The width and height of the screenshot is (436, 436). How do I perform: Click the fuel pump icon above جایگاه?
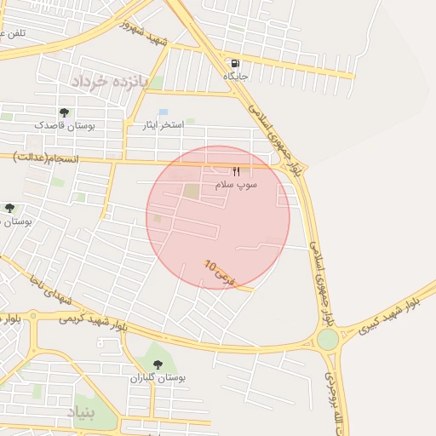pos(235,63)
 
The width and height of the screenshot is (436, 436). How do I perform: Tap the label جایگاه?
pos(235,76)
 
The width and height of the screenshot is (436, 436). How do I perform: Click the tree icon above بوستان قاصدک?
pos(65,112)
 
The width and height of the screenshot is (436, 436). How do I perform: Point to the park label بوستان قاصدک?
pos(65,124)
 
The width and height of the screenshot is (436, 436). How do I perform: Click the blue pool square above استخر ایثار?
pos(163,112)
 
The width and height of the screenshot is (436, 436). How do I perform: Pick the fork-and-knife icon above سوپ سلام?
pos(236,171)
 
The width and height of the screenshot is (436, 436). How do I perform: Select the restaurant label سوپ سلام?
pos(236,184)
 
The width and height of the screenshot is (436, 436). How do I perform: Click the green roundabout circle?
pos(328,340)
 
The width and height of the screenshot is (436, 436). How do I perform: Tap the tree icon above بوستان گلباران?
pos(158,364)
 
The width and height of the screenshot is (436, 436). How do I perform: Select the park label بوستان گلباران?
pos(158,377)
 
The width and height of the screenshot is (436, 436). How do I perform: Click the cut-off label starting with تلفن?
pos(12,32)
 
